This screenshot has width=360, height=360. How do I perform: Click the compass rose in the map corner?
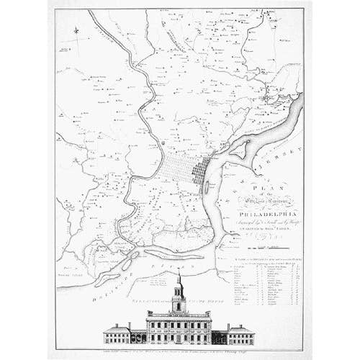77,30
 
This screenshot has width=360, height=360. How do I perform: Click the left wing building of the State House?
117,334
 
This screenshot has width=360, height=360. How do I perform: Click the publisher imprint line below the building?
179,351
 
